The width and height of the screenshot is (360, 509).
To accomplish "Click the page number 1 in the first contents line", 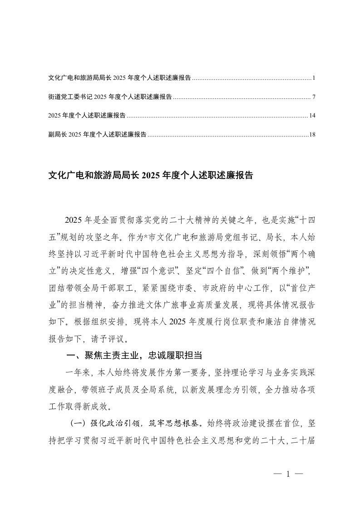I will click(x=314, y=78).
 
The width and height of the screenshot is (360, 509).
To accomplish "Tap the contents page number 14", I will click(x=312, y=116).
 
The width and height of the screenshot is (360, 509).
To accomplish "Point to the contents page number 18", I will click(x=312, y=134).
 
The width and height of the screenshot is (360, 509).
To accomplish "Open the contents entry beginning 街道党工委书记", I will click(x=110, y=97).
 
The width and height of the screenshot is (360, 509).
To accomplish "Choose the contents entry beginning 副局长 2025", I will click(x=97, y=134).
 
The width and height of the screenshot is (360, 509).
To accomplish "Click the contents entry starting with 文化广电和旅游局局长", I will click(x=119, y=78).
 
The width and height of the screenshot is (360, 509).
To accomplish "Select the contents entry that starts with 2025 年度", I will click(x=87, y=116).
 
